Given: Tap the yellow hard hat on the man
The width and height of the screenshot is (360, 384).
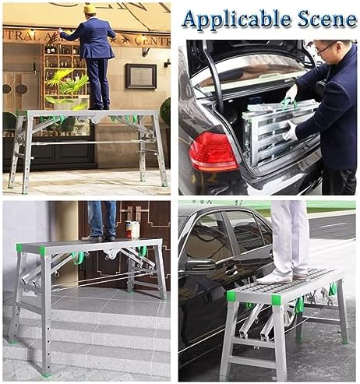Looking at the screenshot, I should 90,9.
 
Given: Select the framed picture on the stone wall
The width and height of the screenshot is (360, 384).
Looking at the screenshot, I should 142,76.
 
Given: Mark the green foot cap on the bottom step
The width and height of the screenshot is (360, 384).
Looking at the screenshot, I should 12,340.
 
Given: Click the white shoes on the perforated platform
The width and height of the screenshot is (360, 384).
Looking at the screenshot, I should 285,275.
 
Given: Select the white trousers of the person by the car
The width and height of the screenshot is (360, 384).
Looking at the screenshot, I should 290,234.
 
